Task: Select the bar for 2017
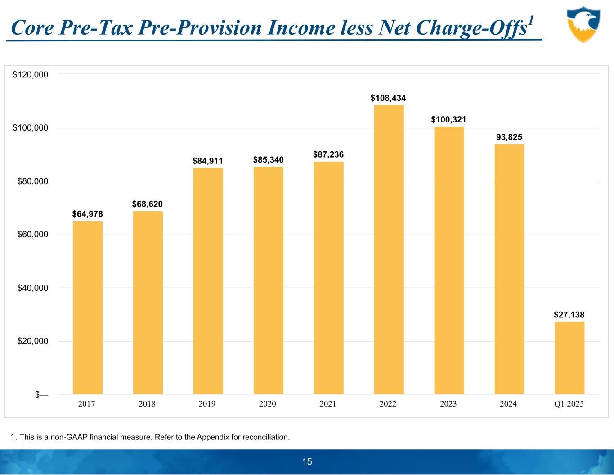point(88,308)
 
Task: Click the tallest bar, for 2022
point(389,249)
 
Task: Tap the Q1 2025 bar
point(569,358)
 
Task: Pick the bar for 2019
point(208,281)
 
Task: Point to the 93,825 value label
point(509,137)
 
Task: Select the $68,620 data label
point(148,204)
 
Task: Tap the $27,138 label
point(569,315)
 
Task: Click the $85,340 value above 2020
point(269,160)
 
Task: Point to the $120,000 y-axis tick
point(31,75)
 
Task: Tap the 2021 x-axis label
point(328,404)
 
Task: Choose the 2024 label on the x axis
point(508,404)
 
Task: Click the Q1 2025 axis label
point(569,404)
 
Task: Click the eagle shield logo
point(583,24)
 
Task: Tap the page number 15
point(307,462)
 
